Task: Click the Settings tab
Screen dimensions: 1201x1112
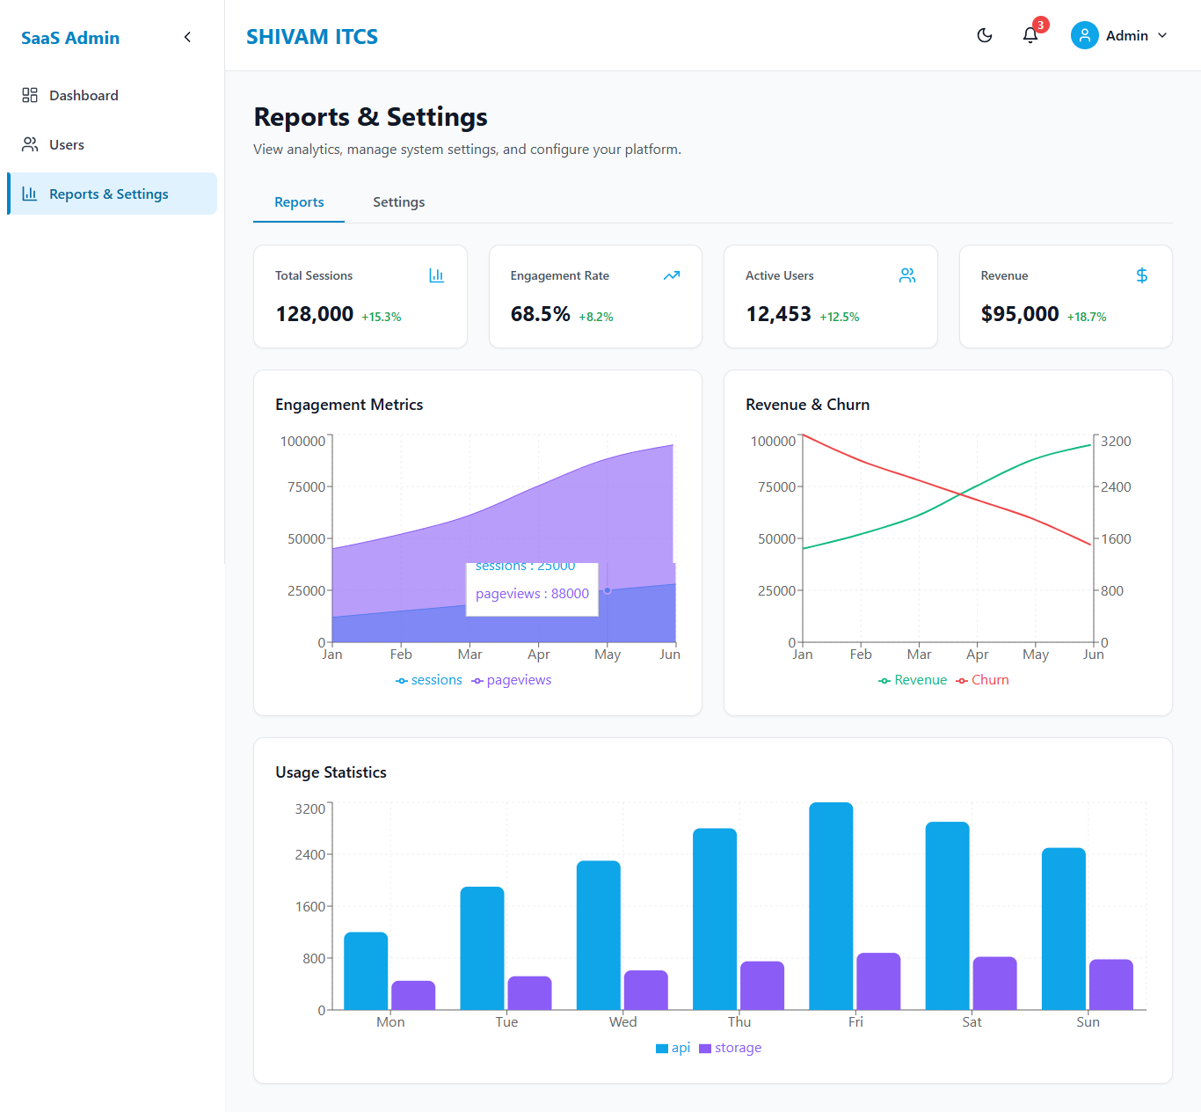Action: (x=398, y=202)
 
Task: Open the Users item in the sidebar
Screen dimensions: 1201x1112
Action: (x=67, y=144)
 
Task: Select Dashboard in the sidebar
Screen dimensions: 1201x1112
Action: (x=84, y=96)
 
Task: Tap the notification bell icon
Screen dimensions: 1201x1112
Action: (x=1030, y=36)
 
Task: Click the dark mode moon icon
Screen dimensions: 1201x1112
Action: (x=985, y=36)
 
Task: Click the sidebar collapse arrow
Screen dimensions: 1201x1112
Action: (x=187, y=38)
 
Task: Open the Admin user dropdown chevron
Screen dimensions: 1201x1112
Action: (x=1162, y=36)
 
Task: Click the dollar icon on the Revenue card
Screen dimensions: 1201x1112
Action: (x=1142, y=275)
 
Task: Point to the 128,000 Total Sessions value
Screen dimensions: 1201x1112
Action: (x=315, y=314)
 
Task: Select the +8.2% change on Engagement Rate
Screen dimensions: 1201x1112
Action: (x=595, y=317)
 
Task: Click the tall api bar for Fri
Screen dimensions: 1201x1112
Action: (x=831, y=906)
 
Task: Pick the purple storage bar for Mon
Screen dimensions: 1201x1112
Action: (x=413, y=995)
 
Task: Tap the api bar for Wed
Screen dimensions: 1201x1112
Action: (x=598, y=935)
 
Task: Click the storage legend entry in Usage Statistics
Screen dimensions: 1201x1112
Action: (x=730, y=1048)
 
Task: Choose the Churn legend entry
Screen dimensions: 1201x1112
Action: (x=982, y=680)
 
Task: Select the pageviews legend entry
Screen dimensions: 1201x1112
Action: (x=511, y=680)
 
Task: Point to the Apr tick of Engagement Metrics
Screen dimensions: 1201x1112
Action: (x=538, y=655)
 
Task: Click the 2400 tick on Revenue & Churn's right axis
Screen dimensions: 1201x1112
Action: (x=1115, y=487)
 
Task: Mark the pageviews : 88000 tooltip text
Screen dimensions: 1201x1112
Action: (x=532, y=594)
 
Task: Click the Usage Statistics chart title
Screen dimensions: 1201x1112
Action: (x=331, y=772)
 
